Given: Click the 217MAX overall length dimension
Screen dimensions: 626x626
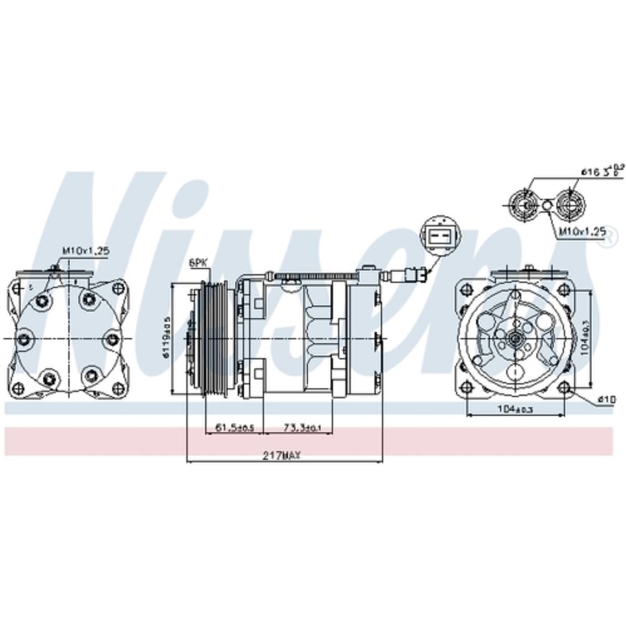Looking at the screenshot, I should pos(282,456).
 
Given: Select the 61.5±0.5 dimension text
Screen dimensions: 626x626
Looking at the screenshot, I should pos(234,428).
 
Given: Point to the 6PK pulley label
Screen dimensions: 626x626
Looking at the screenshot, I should pos(198,264).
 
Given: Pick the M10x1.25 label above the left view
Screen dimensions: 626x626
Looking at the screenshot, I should pos(86,250).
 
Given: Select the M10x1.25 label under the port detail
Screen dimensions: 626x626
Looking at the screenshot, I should pos(582,232).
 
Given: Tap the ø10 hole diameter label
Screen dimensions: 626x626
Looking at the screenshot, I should pos(607,399).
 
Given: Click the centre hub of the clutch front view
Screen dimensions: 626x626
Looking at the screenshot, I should pos(515,339).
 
